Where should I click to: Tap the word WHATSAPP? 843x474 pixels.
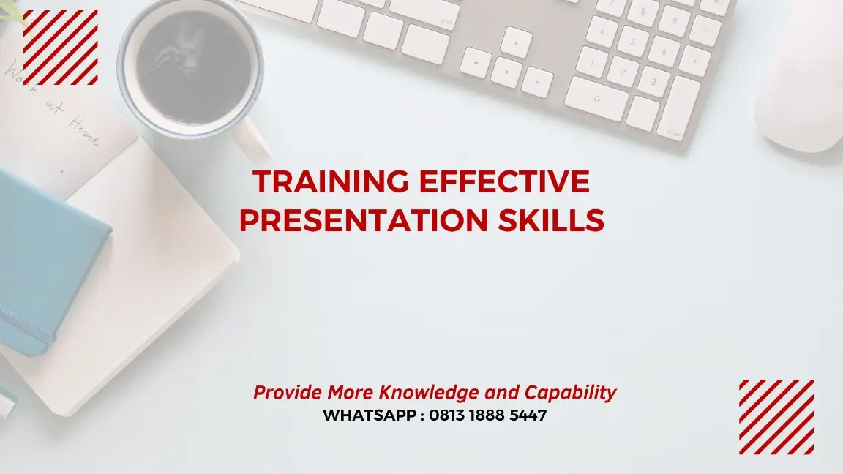click(370, 415)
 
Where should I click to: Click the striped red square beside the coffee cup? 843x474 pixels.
click(61, 48)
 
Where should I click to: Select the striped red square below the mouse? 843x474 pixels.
click(776, 417)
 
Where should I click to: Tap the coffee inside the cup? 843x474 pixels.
click(192, 66)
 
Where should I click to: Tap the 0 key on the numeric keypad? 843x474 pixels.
click(596, 98)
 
